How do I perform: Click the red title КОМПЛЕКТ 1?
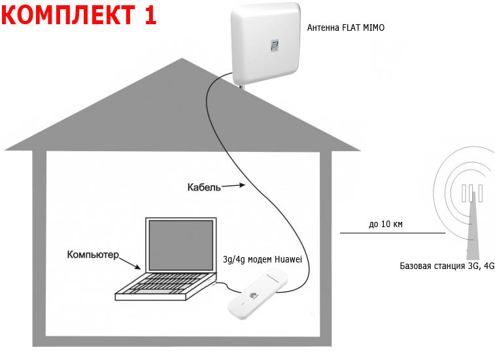click(79, 14)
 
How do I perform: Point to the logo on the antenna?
click(275, 46)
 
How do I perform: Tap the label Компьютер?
click(93, 253)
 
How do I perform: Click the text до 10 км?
click(386, 224)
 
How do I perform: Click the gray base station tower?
click(471, 229)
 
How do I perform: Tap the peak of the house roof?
click(180, 60)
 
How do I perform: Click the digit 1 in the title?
click(148, 14)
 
